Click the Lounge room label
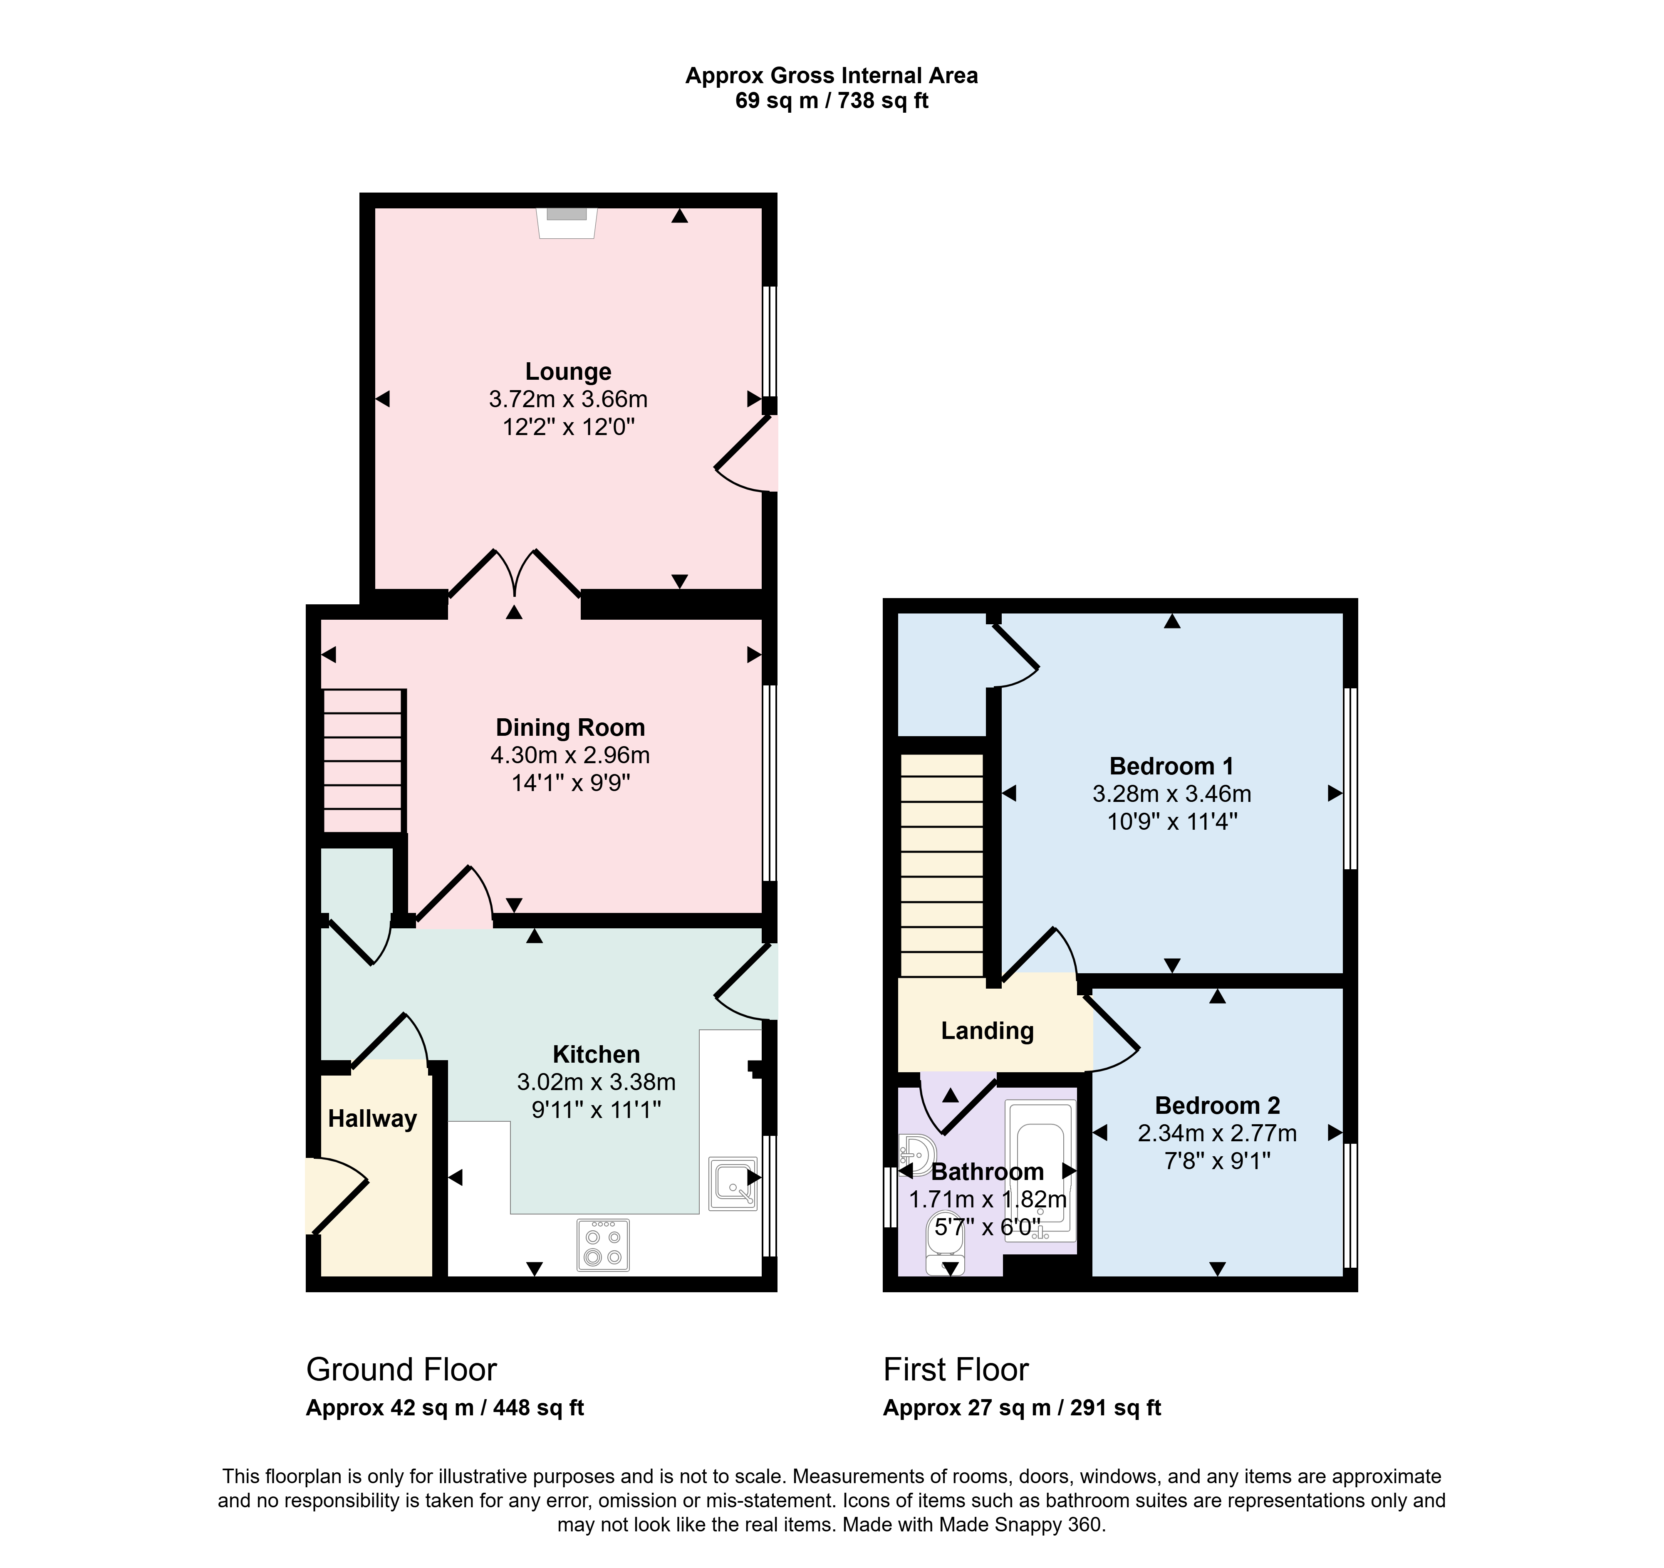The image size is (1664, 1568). tap(568, 371)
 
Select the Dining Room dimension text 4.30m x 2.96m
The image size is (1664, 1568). tap(570, 756)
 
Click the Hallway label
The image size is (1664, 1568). tap(372, 1119)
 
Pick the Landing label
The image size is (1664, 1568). tap(988, 1031)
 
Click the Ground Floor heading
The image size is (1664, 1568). tap(402, 1370)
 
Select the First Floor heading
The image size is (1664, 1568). tap(956, 1370)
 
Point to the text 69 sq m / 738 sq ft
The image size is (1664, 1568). tap(832, 101)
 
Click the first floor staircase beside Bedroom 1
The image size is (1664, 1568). tap(942, 865)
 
